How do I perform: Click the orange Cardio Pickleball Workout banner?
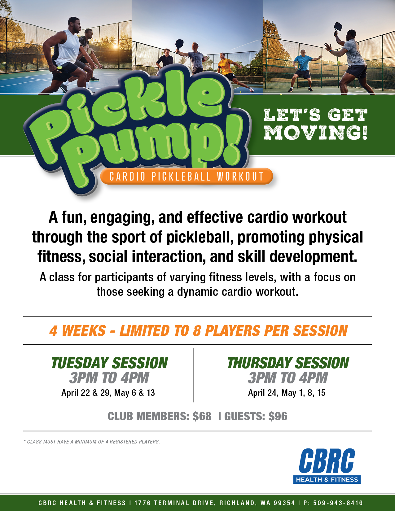[x=187, y=176]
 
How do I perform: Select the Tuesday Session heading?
[x=109, y=363]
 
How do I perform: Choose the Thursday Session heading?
[x=288, y=363]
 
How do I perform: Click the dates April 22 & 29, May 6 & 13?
[x=108, y=393]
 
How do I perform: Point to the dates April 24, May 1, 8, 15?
[x=287, y=393]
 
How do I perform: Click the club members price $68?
[x=202, y=416]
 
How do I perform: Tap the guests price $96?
[x=278, y=416]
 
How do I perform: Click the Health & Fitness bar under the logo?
[x=327, y=479]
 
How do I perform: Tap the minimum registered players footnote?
[x=92, y=442]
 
